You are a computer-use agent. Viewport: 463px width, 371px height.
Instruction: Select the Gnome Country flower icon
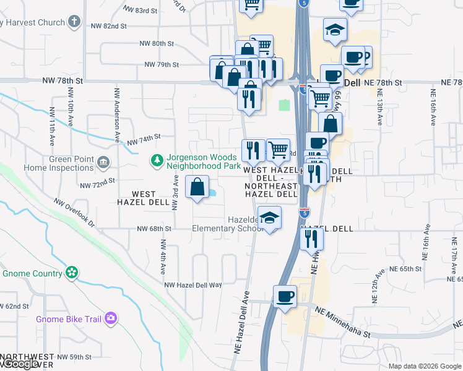coord(72,273)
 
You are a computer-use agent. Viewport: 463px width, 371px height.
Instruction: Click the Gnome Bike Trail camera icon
coord(111,318)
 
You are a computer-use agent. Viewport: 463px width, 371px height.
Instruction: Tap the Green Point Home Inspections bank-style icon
coord(103,163)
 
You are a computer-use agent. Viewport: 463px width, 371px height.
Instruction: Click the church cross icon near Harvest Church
coord(74,22)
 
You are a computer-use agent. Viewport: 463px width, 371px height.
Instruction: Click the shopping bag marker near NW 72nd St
coord(197,187)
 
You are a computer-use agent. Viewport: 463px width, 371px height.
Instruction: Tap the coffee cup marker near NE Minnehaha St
coord(285,297)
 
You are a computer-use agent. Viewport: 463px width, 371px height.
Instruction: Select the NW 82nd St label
coord(109,27)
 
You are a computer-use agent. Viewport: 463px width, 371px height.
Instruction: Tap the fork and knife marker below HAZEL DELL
coord(311,238)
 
